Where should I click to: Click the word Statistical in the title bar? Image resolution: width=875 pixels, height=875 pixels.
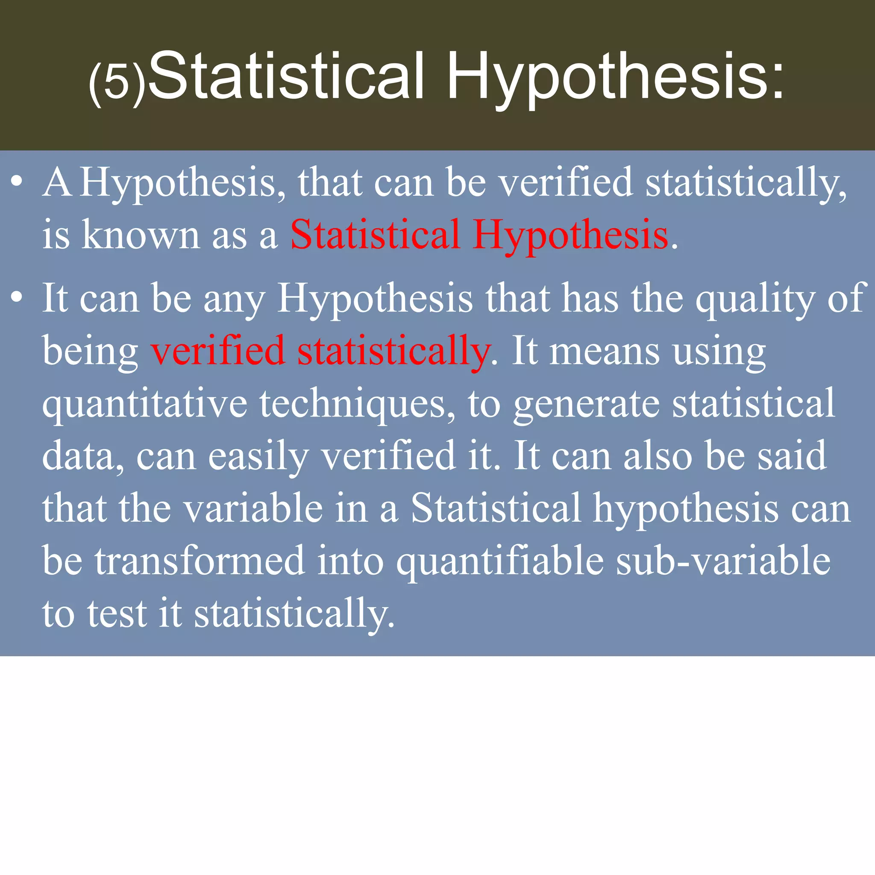[286, 75]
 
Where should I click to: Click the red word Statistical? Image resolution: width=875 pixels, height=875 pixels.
[375, 235]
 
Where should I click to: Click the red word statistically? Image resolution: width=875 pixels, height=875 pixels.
[393, 353]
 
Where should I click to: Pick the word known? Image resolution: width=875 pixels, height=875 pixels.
[141, 235]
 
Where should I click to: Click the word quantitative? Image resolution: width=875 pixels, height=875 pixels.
[145, 405]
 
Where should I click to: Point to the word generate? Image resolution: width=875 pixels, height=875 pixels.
[587, 405]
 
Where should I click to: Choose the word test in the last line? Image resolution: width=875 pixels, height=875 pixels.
[117, 614]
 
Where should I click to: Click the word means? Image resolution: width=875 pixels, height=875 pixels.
[604, 351]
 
